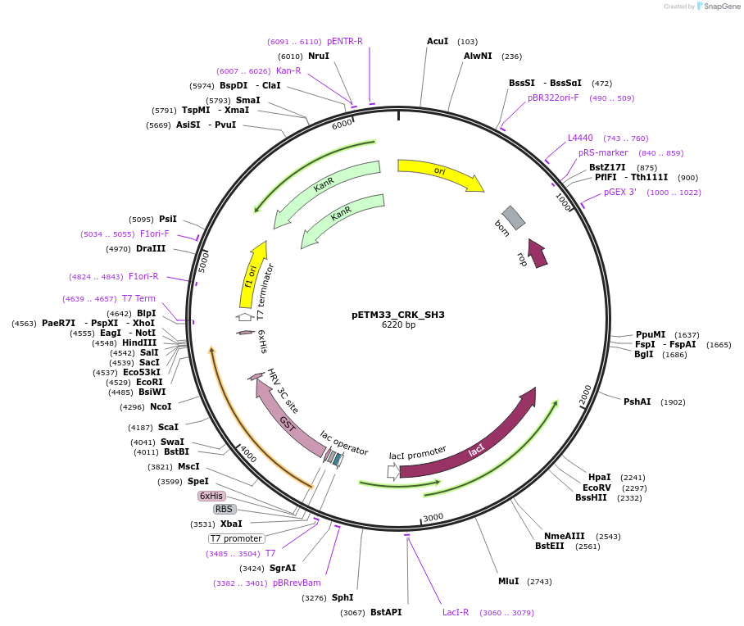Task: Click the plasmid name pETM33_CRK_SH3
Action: click(x=397, y=314)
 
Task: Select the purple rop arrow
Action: click(x=538, y=253)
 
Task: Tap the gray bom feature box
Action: click(x=513, y=217)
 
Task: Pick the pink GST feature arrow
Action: click(x=287, y=423)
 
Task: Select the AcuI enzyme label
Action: click(x=438, y=41)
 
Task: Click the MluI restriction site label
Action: click(x=508, y=581)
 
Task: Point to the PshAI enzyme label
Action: click(x=637, y=401)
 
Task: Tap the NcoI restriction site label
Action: click(x=161, y=406)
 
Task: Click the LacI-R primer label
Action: click(x=456, y=612)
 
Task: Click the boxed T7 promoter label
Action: click(x=236, y=538)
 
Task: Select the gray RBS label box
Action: click(x=224, y=509)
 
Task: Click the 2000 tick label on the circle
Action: click(x=585, y=395)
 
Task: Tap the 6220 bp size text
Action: click(x=398, y=324)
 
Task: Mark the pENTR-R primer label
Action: click(x=344, y=41)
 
